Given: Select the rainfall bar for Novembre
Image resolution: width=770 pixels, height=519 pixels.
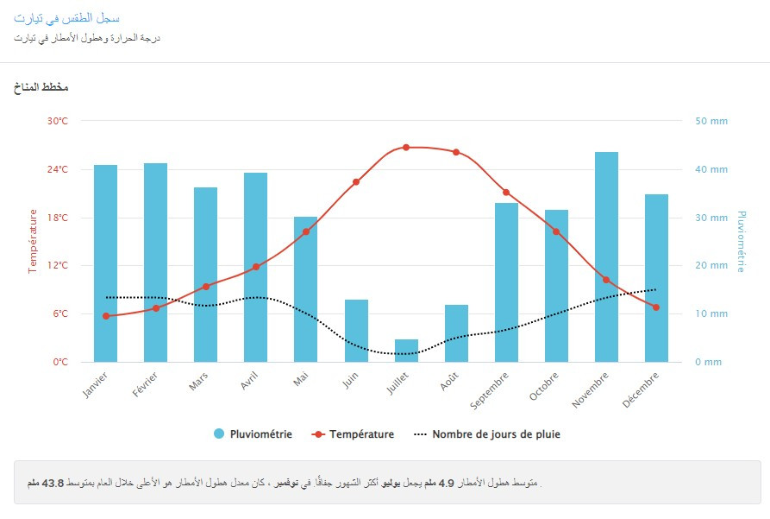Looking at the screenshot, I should pyautogui.click(x=606, y=256).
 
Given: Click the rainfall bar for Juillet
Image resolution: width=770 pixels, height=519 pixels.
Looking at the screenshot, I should pyautogui.click(x=406, y=351).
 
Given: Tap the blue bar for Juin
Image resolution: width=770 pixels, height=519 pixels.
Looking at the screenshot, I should pyautogui.click(x=356, y=331).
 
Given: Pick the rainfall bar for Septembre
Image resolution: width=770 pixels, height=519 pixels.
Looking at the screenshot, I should pyautogui.click(x=506, y=282).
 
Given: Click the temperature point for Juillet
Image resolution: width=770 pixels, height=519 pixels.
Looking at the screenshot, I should pyautogui.click(x=406, y=148).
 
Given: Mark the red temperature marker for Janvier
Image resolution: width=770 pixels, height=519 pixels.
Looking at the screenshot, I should pyautogui.click(x=106, y=316).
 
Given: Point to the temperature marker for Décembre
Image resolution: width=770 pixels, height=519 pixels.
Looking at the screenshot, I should pyautogui.click(x=656, y=307).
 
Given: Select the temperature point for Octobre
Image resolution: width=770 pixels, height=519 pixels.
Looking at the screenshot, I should pyautogui.click(x=556, y=231).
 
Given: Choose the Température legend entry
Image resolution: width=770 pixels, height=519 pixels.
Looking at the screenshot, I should pyautogui.click(x=354, y=434).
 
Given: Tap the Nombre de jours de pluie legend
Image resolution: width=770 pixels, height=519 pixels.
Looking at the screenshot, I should pyautogui.click(x=488, y=434).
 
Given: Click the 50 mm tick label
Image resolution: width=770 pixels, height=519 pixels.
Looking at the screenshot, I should pyautogui.click(x=711, y=121).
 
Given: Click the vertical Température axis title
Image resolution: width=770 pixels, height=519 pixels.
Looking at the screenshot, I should pyautogui.click(x=33, y=241).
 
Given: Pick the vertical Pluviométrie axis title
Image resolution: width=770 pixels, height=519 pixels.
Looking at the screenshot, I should pyautogui.click(x=742, y=241).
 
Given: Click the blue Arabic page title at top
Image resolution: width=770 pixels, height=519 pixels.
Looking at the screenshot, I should pyautogui.click(x=66, y=18).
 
